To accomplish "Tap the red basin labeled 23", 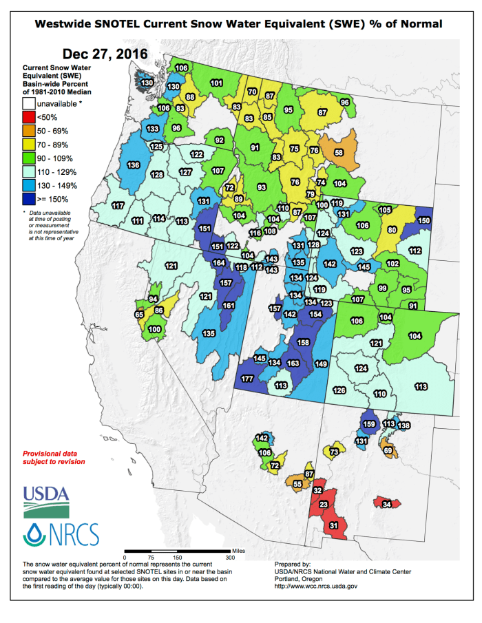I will point(323,504).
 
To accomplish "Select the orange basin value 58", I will point(339,152).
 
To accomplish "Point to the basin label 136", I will point(134,165).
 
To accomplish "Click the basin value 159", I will point(369,424).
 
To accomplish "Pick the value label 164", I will point(219,263).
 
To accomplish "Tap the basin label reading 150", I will point(423,220).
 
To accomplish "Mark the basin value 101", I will point(216,83).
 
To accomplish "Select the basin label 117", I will point(117,206).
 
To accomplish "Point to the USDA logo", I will point(46,501).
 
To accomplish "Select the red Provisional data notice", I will point(54,458).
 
